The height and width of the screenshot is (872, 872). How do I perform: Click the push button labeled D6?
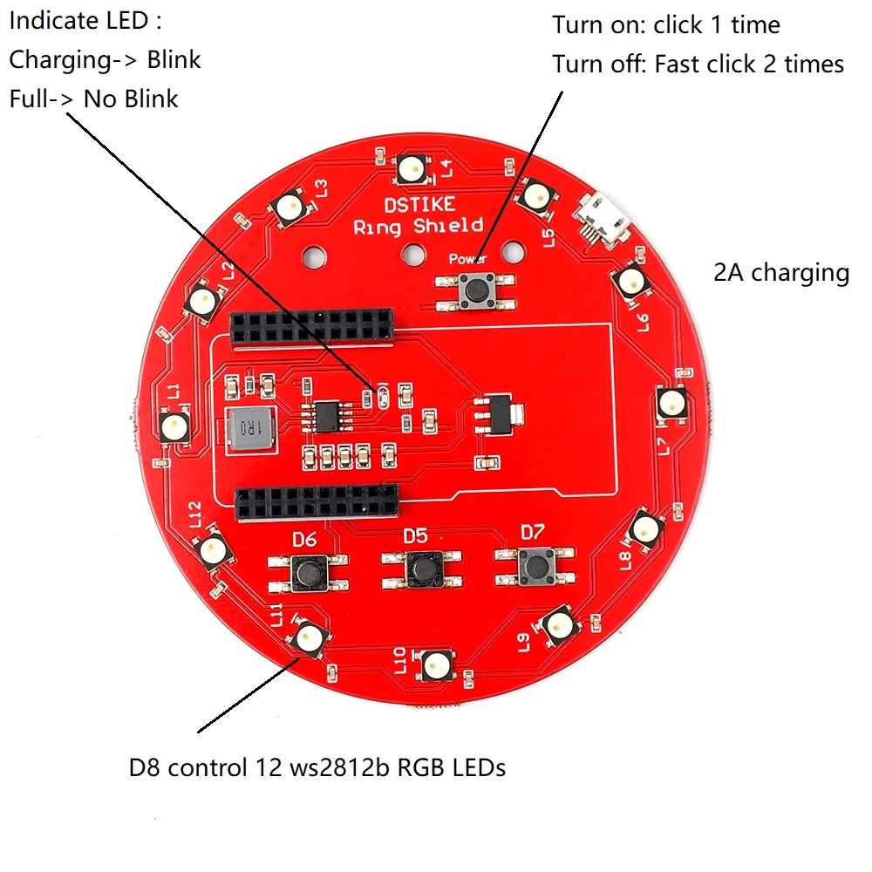click(307, 572)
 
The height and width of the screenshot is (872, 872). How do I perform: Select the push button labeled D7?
click(535, 568)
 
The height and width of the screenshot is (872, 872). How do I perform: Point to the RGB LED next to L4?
click(410, 167)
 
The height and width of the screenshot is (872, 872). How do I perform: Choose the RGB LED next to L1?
click(174, 426)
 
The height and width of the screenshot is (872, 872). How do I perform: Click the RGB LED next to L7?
click(670, 403)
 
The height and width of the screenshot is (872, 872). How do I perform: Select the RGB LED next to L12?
click(213, 548)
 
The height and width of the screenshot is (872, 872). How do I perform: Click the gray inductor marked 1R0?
click(249, 429)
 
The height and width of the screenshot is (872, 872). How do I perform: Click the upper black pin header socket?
click(310, 327)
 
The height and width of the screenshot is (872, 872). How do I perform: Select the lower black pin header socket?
click(317, 503)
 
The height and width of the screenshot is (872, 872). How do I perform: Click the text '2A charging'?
click(780, 273)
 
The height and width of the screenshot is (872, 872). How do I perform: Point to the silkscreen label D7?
click(532, 531)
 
